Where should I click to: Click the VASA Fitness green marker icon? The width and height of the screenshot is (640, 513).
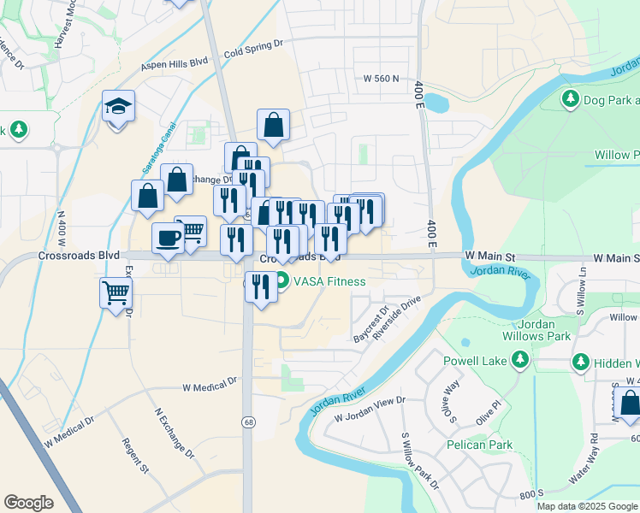[x=281, y=280]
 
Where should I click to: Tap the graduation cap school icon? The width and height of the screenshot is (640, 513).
[x=118, y=107]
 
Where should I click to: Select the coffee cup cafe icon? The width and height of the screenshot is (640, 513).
[x=169, y=237]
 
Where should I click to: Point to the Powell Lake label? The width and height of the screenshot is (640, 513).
[x=475, y=361]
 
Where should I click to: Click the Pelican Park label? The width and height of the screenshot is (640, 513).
[x=479, y=445]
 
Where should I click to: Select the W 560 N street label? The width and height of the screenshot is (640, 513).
[x=381, y=78]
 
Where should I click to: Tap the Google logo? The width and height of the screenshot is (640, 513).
[x=28, y=503]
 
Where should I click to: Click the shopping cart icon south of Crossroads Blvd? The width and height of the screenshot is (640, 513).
[x=116, y=293]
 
